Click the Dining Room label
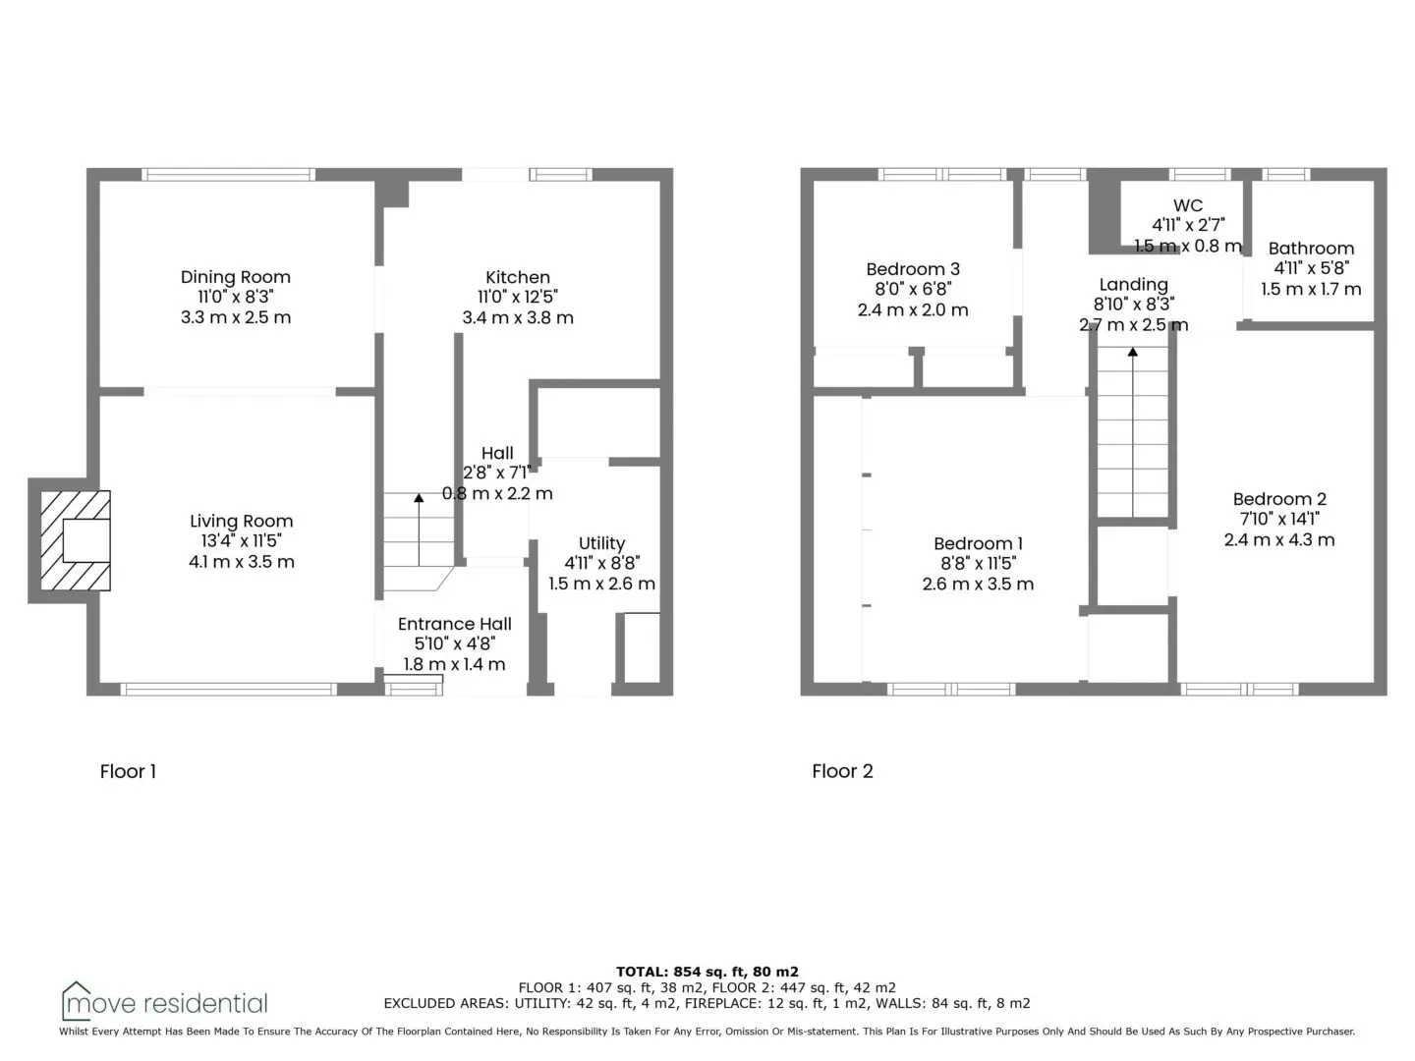coord(235,277)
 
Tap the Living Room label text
coord(241,521)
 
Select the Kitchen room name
coord(518,277)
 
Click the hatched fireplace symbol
coord(76,540)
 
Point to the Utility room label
coord(601,543)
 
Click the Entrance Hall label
coord(455,624)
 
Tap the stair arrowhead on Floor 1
coord(419,498)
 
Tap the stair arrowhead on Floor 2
coord(1133,352)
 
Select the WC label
coord(1187,205)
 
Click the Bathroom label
coord(1311,248)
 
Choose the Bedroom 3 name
coord(913,268)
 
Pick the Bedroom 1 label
coord(978,543)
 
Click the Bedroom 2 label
coord(1279,499)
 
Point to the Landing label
coord(1133,285)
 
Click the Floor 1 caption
coord(128,771)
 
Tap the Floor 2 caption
coord(842,771)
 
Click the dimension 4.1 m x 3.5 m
coord(241,562)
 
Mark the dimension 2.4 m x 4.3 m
coord(1279,540)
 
